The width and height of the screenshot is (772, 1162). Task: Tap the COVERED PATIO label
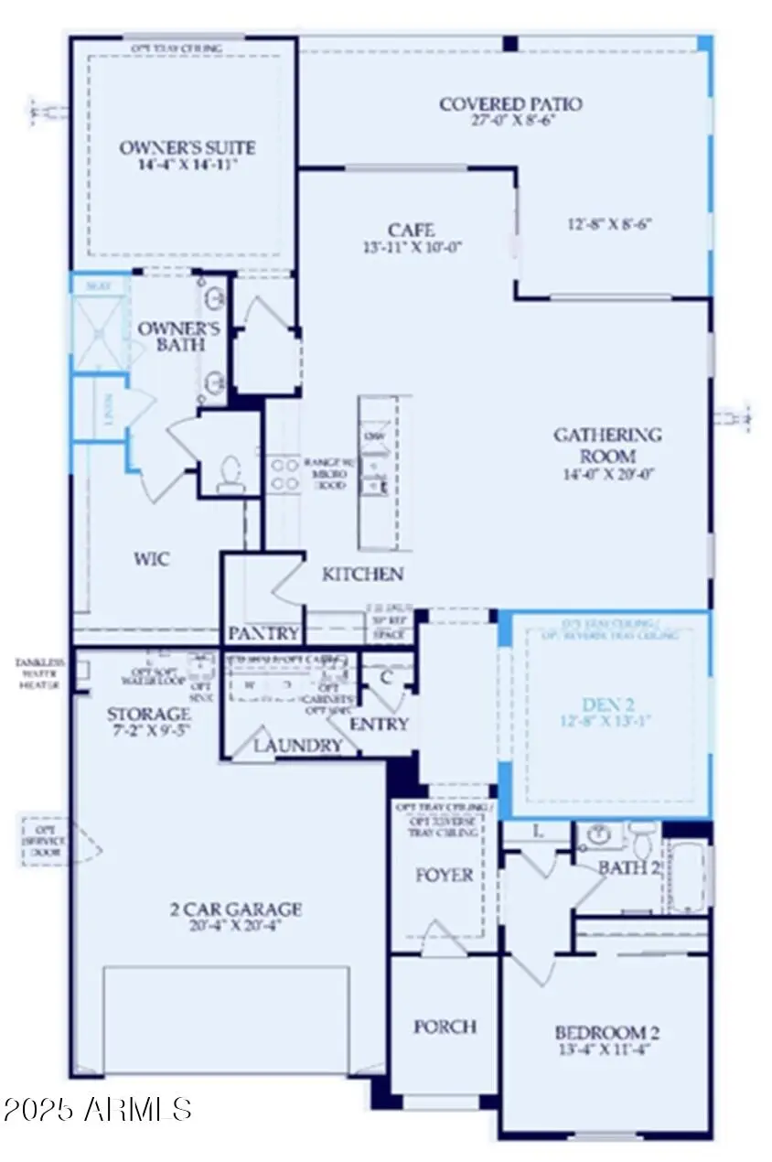pos(509,103)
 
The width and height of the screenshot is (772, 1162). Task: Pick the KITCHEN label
pos(362,575)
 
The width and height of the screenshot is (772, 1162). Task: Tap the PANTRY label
pos(263,633)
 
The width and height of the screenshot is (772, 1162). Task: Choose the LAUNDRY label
pos(297,746)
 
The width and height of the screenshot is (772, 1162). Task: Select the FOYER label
pos(445,876)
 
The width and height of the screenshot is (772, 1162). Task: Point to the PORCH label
pos(445,1027)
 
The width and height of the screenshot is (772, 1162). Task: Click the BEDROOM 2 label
pos(607,1034)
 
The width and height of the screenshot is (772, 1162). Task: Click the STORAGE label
pos(148,713)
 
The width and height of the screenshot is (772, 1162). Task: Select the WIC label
pos(151,558)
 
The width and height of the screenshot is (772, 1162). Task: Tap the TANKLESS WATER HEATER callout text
pos(34,673)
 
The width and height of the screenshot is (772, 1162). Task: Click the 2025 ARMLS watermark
pos(97,1110)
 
